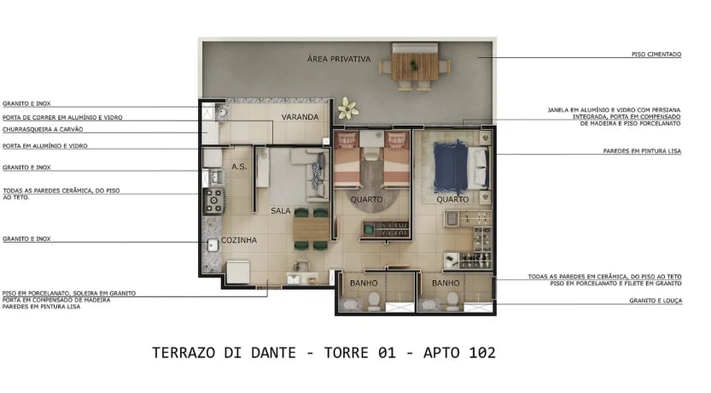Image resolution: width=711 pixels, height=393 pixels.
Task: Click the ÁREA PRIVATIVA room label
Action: tap(339, 59)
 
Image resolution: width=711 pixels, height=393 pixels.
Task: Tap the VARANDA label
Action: tap(300, 116)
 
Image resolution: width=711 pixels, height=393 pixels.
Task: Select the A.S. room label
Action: tap(239, 167)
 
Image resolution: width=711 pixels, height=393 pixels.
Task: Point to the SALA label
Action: tap(282, 210)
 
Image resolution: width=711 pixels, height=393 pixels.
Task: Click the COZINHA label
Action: tap(239, 240)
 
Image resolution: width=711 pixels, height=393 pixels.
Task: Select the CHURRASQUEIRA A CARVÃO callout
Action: tap(38, 131)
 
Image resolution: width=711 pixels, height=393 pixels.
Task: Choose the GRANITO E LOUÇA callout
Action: tap(656, 301)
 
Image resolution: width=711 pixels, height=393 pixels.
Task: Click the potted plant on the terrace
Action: tap(347, 108)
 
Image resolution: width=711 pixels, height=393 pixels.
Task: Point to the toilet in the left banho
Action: tap(373, 299)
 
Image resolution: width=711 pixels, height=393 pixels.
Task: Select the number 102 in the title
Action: tap(481, 352)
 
